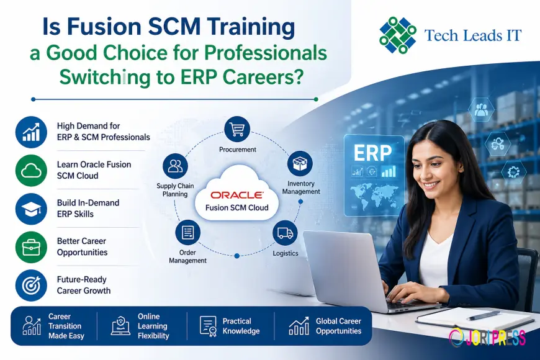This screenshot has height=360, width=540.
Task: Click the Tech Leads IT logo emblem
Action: (x=398, y=35)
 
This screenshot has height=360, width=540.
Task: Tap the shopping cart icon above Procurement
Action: (x=237, y=128)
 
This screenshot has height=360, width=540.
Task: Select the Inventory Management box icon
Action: (x=299, y=164)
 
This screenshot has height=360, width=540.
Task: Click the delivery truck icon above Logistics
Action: (x=285, y=233)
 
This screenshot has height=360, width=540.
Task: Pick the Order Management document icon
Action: (x=187, y=233)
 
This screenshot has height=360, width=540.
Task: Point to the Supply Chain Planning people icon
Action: (x=175, y=166)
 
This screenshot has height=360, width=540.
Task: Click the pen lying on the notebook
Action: (x=484, y=315)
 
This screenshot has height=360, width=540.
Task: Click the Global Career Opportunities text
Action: (x=338, y=326)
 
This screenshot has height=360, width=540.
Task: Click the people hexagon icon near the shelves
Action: (x=481, y=109)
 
